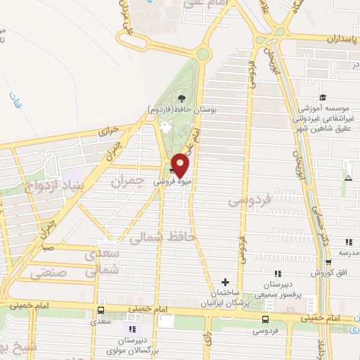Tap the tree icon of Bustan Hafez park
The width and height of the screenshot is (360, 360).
click(182, 98)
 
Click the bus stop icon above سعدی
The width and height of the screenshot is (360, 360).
click(101, 310)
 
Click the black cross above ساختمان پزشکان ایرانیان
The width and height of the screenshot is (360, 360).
click(224, 281)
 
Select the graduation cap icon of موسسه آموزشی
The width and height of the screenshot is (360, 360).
click(322, 98)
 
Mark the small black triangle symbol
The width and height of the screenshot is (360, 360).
click(348, 178)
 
